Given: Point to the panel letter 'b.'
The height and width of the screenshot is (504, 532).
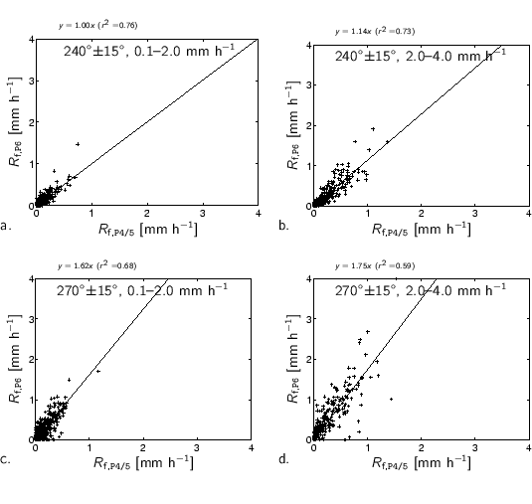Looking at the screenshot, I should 283,228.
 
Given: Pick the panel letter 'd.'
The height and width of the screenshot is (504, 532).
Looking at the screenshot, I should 285,460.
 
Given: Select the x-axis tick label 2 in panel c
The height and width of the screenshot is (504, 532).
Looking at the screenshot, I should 142,448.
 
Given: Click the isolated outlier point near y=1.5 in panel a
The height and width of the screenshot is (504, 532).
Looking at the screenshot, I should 77,144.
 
